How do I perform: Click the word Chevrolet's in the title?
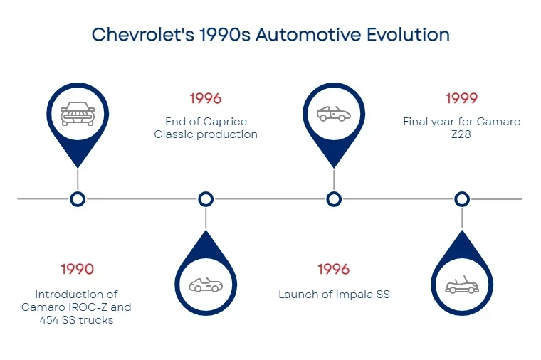(x=143, y=34)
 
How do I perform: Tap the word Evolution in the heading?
(x=408, y=34)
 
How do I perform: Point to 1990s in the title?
(x=225, y=34)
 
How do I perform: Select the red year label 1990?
(x=78, y=270)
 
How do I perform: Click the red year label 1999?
(x=462, y=99)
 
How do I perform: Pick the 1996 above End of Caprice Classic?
(x=206, y=99)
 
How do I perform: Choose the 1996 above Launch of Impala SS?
(x=334, y=270)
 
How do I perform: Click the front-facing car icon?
(x=78, y=114)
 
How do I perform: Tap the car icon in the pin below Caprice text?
(x=206, y=285)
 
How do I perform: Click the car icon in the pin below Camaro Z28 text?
(x=462, y=285)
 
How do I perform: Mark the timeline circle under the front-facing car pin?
(x=78, y=199)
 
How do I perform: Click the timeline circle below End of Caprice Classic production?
(x=206, y=199)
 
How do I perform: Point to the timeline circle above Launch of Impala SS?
(x=334, y=199)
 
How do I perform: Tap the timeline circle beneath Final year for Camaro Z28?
(x=462, y=199)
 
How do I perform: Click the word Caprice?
(x=225, y=122)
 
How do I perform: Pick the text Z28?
(x=461, y=134)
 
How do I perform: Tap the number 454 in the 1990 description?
(x=49, y=320)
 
